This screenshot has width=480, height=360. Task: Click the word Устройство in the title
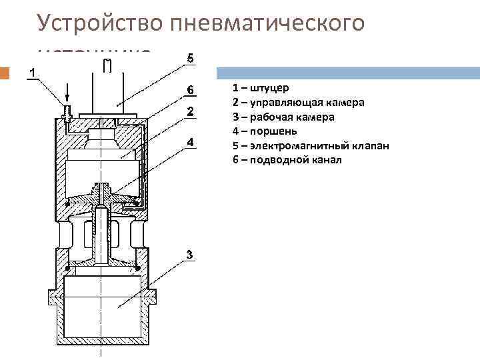100,24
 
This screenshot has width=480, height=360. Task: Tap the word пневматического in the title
267,24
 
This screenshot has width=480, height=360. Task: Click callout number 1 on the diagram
31,71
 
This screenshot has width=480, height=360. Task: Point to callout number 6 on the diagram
190,89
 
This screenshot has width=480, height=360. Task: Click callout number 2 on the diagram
190,111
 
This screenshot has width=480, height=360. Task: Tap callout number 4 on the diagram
190,142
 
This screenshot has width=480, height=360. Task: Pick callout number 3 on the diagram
190,254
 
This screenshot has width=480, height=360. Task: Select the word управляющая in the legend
284,102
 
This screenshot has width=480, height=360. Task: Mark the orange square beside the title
5,73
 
